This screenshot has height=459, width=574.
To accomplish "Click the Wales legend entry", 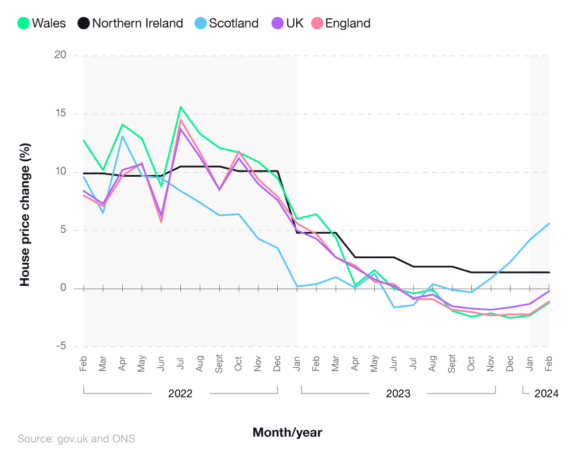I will [x=41, y=24].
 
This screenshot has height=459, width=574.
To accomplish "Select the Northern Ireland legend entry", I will [x=131, y=24].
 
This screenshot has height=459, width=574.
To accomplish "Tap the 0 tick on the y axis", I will [x=63, y=288].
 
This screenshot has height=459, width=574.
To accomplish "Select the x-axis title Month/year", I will [x=288, y=432].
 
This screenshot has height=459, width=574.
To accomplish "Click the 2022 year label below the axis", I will [x=180, y=394].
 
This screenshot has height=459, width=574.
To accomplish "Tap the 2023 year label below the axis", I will [x=398, y=394].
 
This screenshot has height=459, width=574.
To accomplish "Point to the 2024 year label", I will [x=546, y=394].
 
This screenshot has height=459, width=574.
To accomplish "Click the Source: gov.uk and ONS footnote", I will [x=76, y=439].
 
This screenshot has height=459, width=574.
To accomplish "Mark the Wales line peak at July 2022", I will [x=181, y=107].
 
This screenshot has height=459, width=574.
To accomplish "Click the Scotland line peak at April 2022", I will [x=122, y=136].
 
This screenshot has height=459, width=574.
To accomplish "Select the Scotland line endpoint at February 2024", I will [x=549, y=223].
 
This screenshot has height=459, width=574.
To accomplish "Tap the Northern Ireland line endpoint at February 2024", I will [x=549, y=273].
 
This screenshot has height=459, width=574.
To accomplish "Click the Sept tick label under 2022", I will [x=219, y=364].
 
